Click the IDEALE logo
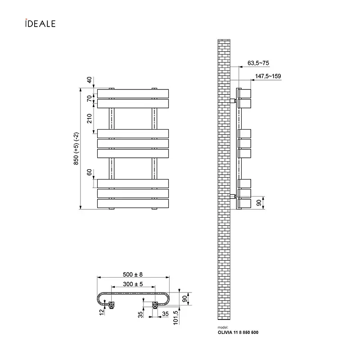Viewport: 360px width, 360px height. click(x=40, y=23)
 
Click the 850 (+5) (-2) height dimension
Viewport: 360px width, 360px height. click(x=76, y=148)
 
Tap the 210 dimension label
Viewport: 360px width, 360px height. click(x=89, y=118)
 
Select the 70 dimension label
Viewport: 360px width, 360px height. click(x=89, y=99)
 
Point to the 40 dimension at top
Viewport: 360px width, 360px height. click(x=89, y=80)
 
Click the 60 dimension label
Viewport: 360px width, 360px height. click(x=89, y=172)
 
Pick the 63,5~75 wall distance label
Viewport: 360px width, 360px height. click(x=258, y=63)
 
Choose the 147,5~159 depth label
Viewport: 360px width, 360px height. click(x=268, y=76)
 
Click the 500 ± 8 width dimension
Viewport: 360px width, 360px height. click(x=133, y=274)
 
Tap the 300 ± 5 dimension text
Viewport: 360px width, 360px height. click(x=133, y=284)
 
